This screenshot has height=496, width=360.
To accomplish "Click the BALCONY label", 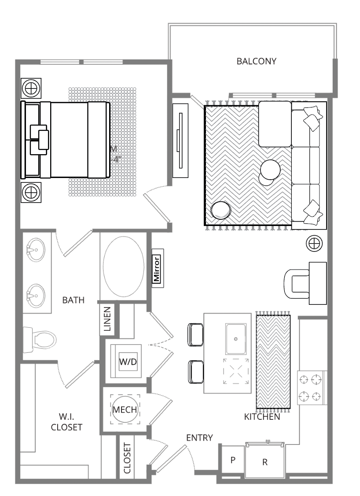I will point(256,61).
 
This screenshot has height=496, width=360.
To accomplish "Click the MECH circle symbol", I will point(125,409).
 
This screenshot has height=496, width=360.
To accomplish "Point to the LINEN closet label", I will point(108,318).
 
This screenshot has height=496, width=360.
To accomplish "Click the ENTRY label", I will point(199,437).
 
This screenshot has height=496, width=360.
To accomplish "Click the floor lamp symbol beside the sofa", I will point(314,243).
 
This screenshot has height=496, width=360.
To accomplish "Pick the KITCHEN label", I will point(262,417).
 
